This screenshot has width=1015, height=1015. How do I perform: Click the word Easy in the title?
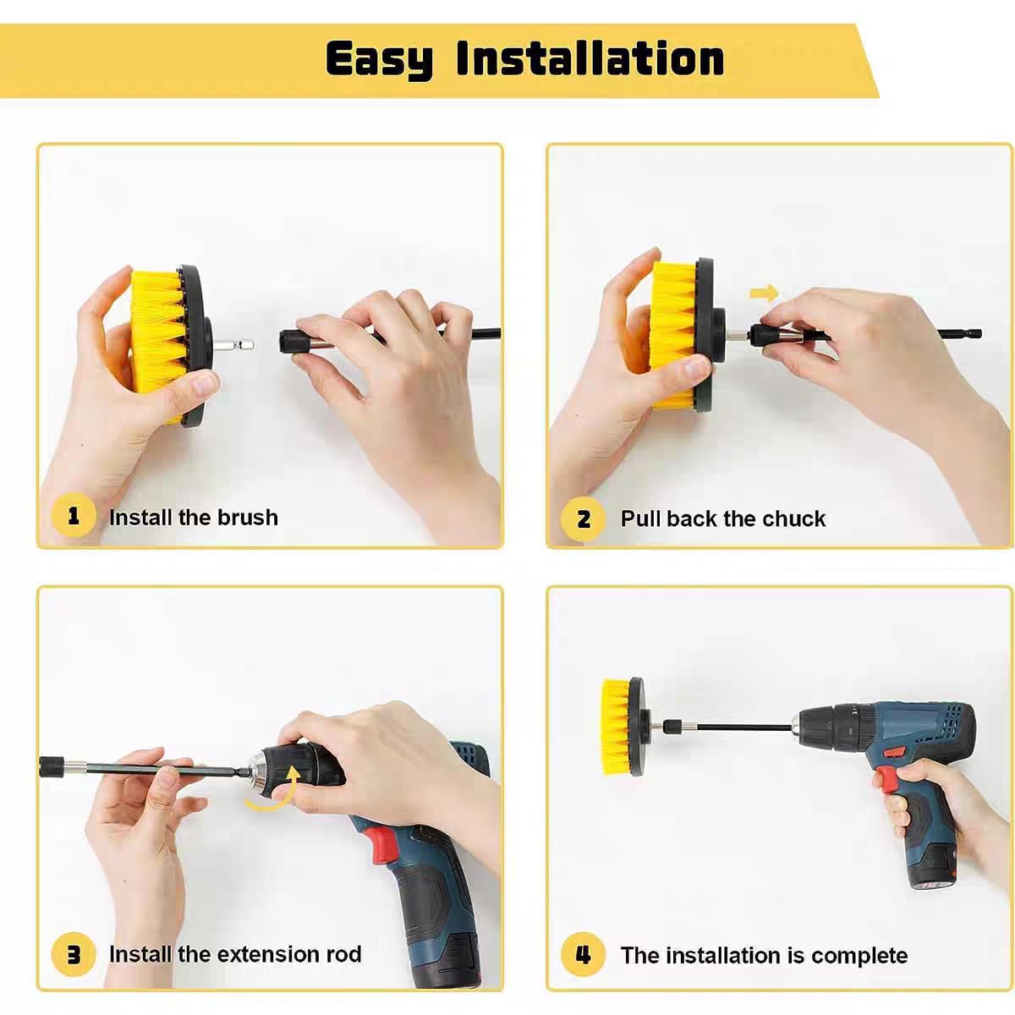(378, 59)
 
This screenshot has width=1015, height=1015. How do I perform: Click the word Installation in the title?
(590, 58)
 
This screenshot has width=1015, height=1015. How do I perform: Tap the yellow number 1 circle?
(73, 516)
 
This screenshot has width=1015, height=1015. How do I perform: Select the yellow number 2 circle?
(583, 518)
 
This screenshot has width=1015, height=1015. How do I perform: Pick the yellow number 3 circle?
(73, 955)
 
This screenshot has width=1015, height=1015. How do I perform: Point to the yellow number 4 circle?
(583, 955)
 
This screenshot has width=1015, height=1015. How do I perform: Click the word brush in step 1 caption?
(246, 517)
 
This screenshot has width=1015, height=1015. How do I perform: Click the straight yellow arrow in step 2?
(764, 294)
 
